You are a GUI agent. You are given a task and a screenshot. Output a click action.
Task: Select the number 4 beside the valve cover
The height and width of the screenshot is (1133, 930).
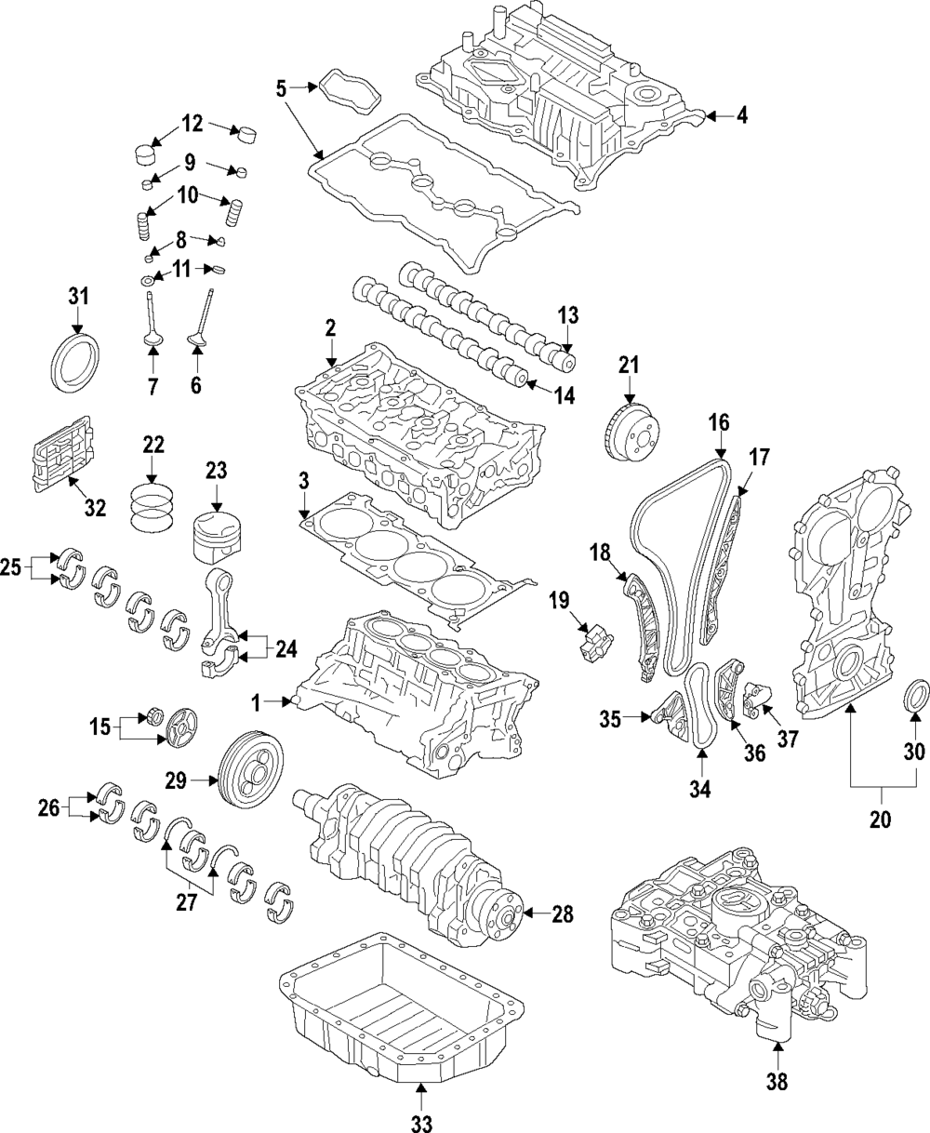tap(742, 115)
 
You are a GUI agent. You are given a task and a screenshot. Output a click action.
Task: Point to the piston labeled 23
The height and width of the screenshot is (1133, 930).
tap(217, 538)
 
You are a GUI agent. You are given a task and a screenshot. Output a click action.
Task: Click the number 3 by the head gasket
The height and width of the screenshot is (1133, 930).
tap(303, 481)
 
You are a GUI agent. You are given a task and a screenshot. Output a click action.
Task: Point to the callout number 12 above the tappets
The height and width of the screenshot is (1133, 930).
tap(192, 124)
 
